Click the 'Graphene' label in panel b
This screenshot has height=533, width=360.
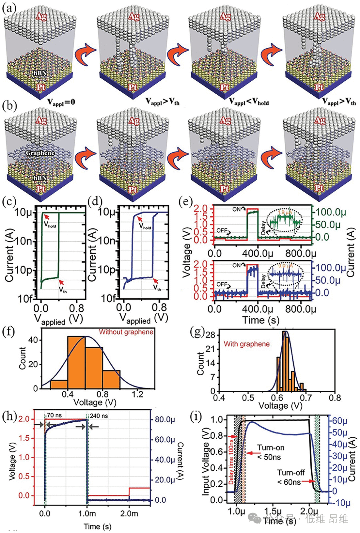coord(40,153)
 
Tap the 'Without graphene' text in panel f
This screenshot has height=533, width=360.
coord(126,332)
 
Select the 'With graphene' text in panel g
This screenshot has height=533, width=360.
coord(246,344)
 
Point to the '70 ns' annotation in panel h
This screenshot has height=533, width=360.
coord(54,415)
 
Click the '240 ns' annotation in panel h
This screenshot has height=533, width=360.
coord(99,416)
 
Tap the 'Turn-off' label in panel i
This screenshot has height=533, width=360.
coord(291,473)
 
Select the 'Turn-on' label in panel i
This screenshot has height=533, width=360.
coord(271,448)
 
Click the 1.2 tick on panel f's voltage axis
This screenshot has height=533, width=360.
coord(137,395)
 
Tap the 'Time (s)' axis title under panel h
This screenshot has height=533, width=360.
coord(97,526)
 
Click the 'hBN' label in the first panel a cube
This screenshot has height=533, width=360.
coord(40,73)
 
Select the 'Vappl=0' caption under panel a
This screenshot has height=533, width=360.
coord(61,102)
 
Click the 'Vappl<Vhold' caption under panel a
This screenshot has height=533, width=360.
coord(249,102)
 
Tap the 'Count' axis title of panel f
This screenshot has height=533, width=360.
coord(22,358)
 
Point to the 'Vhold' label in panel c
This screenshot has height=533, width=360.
coord(50,224)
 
